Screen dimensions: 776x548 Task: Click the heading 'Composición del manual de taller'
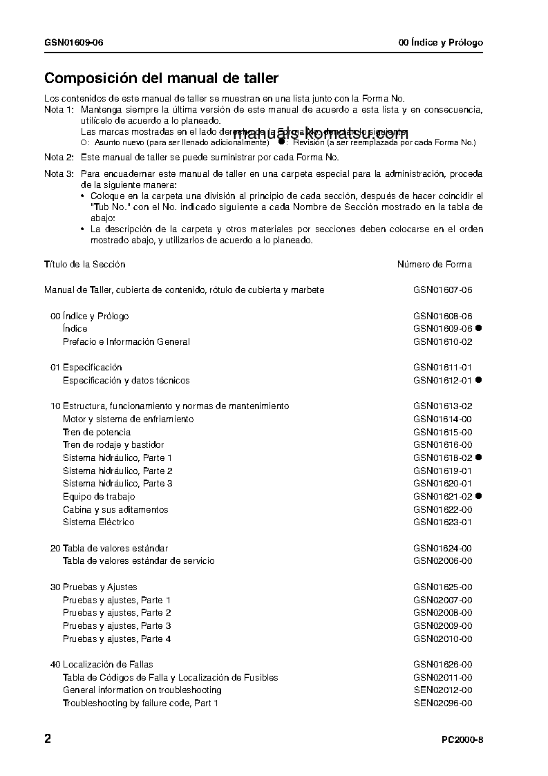pos(161,79)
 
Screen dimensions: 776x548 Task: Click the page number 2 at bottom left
pos(48,739)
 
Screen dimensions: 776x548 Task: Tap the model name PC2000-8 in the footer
pos(462,740)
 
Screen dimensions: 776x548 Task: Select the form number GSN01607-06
pos(443,290)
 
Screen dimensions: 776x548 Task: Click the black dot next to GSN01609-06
pos(478,328)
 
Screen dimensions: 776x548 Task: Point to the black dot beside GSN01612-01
pos(478,380)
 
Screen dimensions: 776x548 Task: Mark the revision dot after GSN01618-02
pos(478,457)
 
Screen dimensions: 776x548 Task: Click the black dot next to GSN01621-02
pos(478,496)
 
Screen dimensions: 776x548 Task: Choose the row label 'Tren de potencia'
pos(97,432)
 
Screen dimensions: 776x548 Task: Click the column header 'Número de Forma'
pos(435,264)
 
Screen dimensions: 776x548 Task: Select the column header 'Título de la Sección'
pos(85,264)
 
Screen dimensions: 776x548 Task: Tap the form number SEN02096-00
pos(443,703)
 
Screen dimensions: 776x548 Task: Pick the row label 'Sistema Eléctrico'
pos(98,522)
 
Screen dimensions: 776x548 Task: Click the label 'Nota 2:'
pos(59,157)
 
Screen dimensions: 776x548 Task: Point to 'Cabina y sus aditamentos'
pos(115,509)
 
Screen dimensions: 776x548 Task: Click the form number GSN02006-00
pos(443,561)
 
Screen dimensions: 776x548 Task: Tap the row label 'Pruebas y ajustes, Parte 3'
pos(117,626)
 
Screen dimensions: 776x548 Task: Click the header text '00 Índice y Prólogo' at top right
pos(441,43)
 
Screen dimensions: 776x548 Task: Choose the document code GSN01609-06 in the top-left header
pos(74,43)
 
